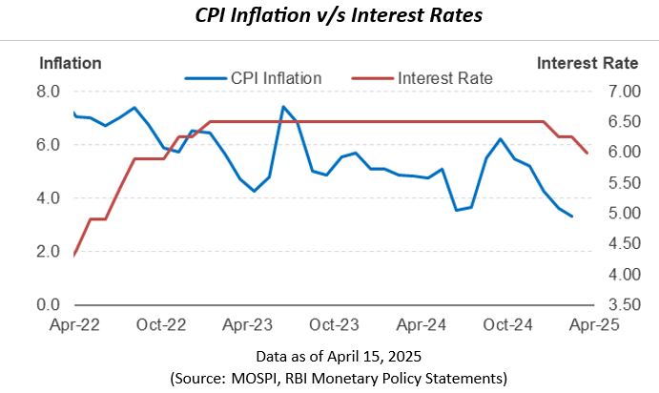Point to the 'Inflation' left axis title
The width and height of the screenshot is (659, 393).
(x=70, y=64)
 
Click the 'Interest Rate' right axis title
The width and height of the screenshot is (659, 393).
(x=587, y=64)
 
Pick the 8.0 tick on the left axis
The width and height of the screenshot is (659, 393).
(x=49, y=92)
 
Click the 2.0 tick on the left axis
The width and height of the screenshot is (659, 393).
(x=49, y=252)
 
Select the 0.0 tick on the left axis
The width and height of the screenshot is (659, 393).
(x=49, y=305)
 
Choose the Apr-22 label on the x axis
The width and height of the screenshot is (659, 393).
(x=73, y=324)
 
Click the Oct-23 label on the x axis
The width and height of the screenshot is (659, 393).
(x=335, y=324)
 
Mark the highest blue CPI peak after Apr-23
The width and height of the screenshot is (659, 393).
(x=283, y=107)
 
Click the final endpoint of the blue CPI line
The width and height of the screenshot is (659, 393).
(x=572, y=217)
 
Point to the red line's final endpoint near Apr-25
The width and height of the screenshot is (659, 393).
(x=587, y=153)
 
